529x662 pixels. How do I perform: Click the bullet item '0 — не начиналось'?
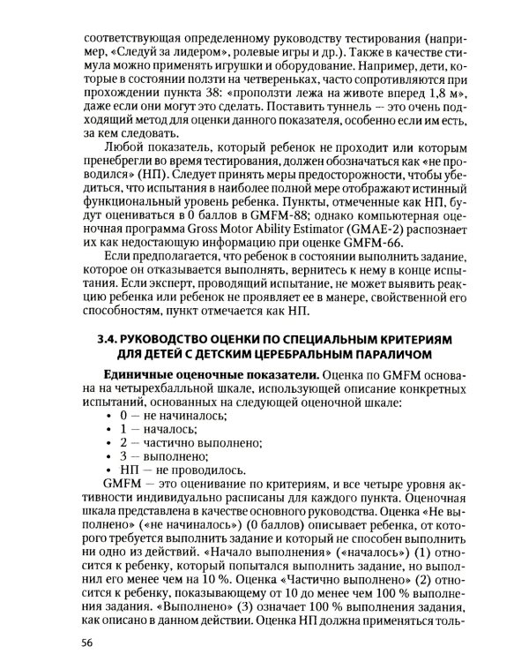(x=171, y=414)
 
